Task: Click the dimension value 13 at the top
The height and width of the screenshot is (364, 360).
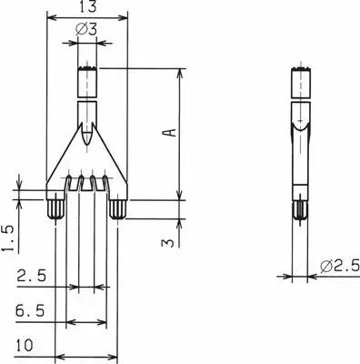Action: pos(87,6)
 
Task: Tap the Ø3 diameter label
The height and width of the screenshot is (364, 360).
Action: pos(86,30)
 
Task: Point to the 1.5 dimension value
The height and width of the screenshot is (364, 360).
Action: pos(7,238)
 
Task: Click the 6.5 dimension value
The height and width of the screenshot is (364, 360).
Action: pos(30,311)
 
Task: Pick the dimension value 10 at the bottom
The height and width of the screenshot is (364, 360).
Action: pos(25,346)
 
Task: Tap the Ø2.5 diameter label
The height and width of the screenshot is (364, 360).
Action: pos(340,266)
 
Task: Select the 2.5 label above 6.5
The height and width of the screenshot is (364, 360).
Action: pos(32,276)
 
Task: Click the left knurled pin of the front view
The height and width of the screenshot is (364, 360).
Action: pos(55,209)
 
